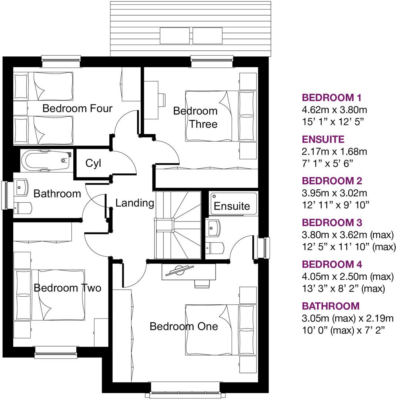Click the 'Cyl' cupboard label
[93, 163]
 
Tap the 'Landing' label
[134, 203]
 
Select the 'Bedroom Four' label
[77, 109]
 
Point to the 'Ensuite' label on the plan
[232, 206]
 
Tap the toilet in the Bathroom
[23, 207]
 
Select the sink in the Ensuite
[213, 228]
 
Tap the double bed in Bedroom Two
[50, 295]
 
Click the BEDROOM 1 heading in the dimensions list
[332, 98]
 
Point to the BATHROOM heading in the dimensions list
[331, 306]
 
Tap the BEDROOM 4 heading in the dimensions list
[332, 264]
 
